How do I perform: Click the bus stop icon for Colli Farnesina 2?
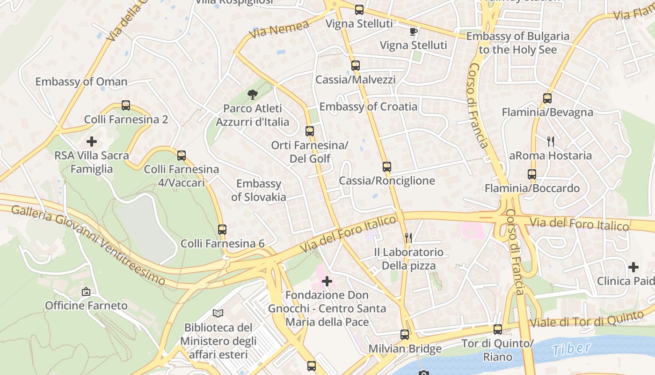click(126, 105)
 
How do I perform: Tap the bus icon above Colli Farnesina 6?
click(222, 230)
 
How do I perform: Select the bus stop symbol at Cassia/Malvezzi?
click(356, 66)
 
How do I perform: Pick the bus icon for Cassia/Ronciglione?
click(386, 167)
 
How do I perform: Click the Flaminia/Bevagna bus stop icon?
click(547, 98)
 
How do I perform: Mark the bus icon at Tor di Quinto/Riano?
click(498, 330)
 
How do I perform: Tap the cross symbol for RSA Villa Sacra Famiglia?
click(92, 141)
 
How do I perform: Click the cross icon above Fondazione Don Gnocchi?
click(327, 281)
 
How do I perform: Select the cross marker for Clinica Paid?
click(633, 267)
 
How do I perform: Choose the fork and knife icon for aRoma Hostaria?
click(551, 142)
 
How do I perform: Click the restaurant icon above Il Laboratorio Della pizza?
click(408, 238)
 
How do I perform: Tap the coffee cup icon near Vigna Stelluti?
click(413, 31)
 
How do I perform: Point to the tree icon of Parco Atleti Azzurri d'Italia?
click(253, 95)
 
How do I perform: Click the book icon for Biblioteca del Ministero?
click(218, 313)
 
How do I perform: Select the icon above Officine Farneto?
click(86, 292)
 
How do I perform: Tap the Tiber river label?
click(571, 349)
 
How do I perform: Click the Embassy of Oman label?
click(81, 82)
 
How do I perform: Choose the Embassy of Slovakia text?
click(259, 190)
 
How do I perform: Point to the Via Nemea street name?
click(279, 30)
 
